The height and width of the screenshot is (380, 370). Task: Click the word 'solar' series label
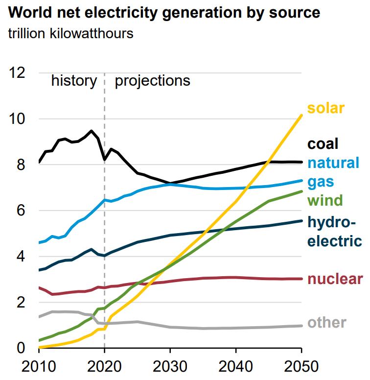[x=326, y=108]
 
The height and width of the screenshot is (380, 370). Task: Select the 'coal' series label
[x=323, y=144]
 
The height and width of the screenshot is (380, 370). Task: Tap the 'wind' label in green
[x=324, y=200]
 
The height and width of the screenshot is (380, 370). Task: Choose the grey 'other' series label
[x=326, y=323]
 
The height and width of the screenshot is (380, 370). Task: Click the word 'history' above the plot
[x=74, y=80]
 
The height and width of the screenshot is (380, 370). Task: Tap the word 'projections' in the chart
[x=152, y=80]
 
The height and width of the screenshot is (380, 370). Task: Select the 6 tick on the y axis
[x=22, y=211]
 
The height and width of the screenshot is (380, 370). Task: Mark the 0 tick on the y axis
[x=22, y=348]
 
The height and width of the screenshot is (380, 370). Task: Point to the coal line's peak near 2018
[x=91, y=131]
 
